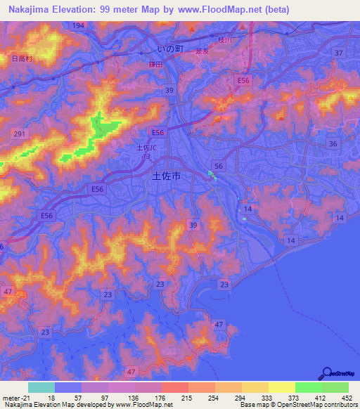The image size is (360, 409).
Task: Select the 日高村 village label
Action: [22, 59]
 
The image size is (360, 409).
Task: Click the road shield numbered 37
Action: [339, 53]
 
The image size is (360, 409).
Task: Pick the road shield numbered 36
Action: [333, 143]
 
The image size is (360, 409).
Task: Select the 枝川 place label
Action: [224, 40]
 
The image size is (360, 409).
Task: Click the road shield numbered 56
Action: [219, 166]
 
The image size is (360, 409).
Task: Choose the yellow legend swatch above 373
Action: [281, 387]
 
